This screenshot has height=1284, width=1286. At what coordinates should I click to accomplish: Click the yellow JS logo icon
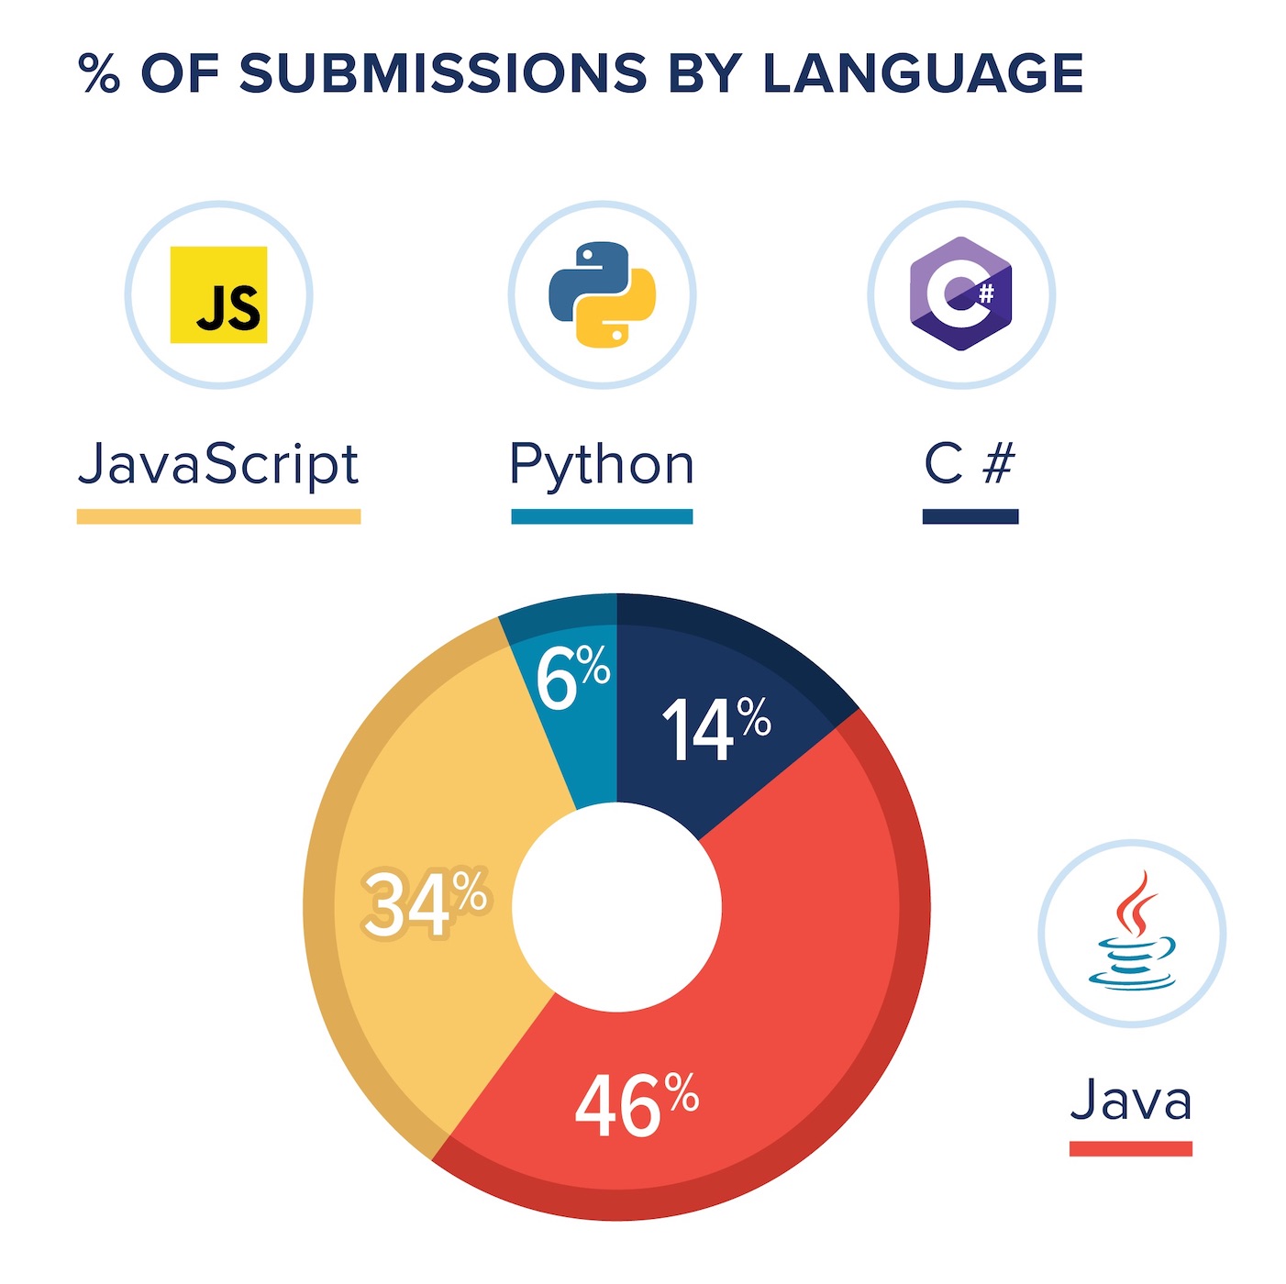(218, 294)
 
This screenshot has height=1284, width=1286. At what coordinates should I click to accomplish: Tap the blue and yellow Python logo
(602, 294)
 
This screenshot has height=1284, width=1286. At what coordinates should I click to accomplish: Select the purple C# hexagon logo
(960, 294)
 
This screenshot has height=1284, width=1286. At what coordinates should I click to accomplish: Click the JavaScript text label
(218, 464)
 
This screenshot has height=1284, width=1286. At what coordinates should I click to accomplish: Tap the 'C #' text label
(970, 463)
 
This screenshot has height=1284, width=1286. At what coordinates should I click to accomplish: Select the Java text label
(1131, 1100)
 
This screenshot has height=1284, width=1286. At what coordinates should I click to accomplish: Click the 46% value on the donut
(636, 1105)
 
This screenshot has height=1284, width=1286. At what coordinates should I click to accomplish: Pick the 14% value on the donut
(715, 728)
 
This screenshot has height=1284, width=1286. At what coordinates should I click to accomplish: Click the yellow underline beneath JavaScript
(218, 516)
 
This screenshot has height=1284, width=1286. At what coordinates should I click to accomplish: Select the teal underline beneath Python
(602, 516)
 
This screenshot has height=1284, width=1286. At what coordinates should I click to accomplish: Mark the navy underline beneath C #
(970, 516)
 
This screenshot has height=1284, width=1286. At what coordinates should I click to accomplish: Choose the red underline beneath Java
(1131, 1148)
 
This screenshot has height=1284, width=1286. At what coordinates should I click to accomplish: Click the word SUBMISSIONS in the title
(444, 73)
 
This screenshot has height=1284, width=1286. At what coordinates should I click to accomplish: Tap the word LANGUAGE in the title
(923, 73)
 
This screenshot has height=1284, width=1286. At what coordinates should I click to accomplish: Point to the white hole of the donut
(616, 906)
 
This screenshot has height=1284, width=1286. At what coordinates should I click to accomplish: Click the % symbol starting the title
(99, 73)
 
